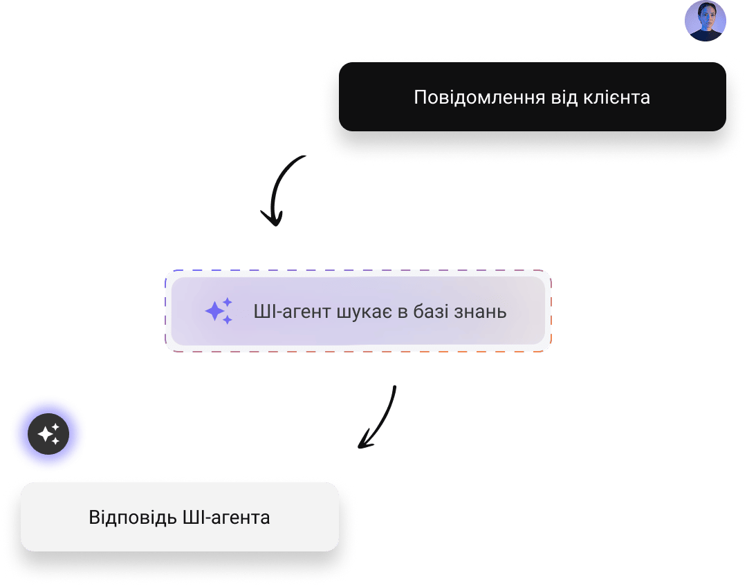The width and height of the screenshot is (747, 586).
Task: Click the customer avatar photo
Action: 705,21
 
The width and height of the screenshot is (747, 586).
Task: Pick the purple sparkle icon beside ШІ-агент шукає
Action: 219,311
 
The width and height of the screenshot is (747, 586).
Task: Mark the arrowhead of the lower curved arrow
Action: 364,442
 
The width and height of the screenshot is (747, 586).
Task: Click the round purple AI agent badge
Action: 48,434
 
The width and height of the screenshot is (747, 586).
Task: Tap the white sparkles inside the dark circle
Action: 48,434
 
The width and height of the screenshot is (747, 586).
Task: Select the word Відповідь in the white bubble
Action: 131,517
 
